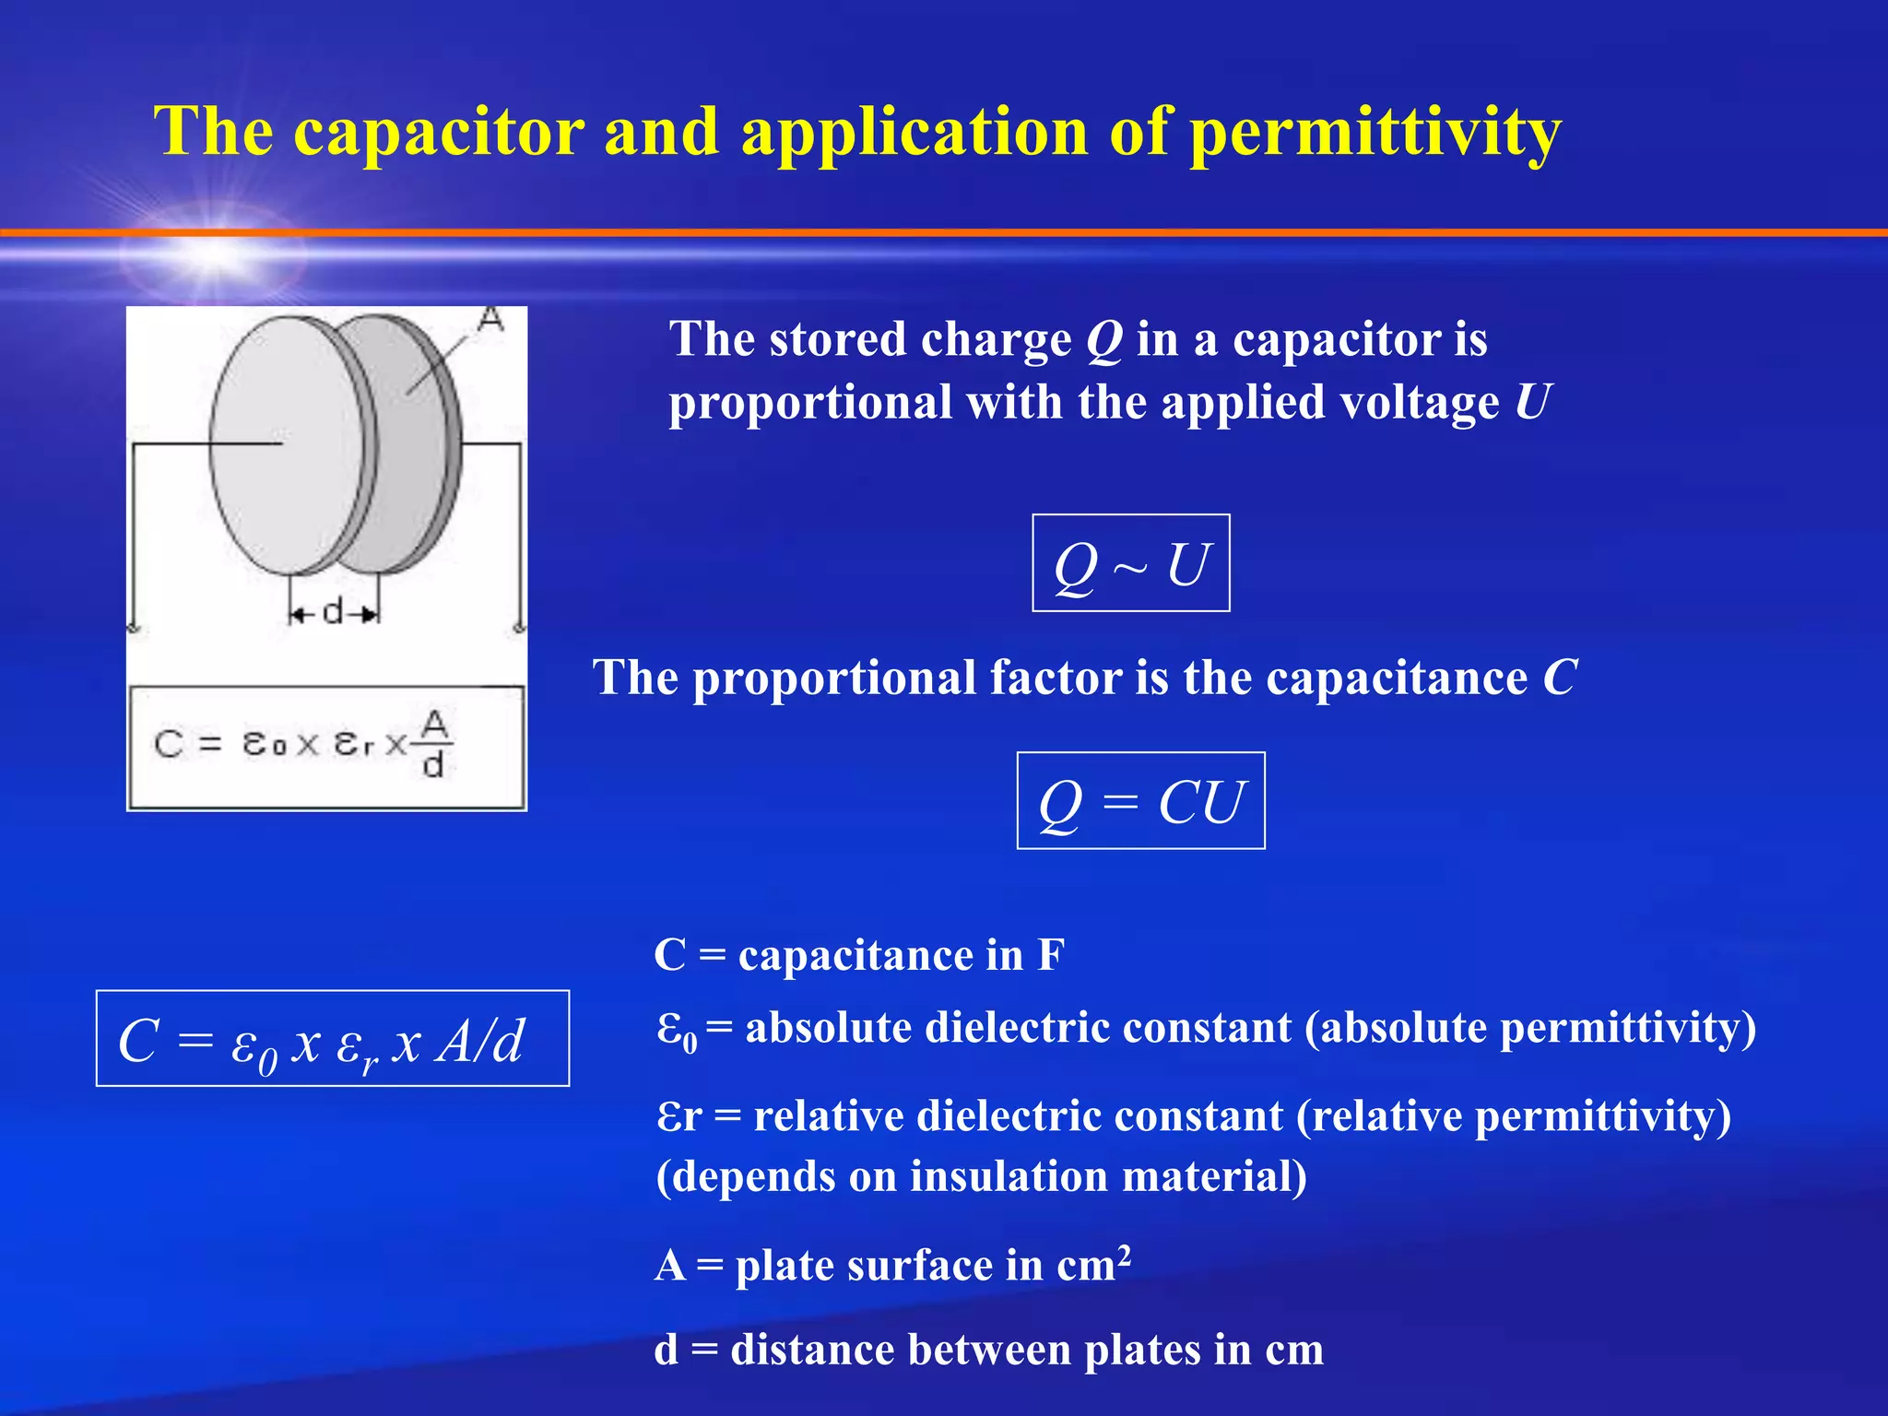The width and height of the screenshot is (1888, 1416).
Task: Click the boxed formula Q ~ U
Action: tap(1130, 563)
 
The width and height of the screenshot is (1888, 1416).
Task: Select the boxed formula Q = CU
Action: tap(1140, 801)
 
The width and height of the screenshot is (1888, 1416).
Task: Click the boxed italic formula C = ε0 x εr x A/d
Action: tap(332, 1039)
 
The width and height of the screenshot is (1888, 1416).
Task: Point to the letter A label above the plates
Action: tap(491, 319)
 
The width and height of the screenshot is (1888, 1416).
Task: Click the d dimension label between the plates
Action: tap(333, 610)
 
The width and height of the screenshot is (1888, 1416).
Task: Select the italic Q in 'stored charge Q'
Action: tap(1103, 339)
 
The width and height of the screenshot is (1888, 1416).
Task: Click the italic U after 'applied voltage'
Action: tap(1532, 402)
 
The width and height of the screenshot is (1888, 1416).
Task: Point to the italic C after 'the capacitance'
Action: tap(1560, 678)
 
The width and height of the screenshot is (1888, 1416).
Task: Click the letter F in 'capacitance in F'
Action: tap(1051, 955)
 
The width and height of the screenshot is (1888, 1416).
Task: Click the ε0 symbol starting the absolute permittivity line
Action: tap(677, 1030)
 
